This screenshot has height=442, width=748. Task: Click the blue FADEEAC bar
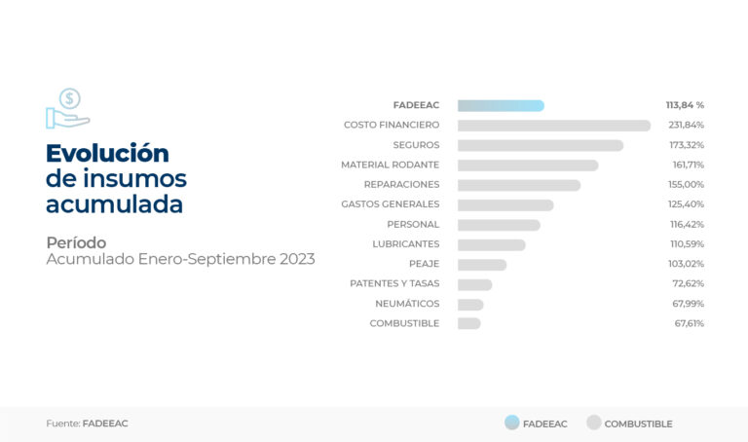click(501, 105)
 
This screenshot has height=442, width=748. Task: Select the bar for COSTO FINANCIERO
click(554, 126)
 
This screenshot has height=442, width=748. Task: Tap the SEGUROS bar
click(541, 145)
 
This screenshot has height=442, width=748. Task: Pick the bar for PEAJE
click(482, 265)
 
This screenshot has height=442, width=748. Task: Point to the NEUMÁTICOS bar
click(470, 304)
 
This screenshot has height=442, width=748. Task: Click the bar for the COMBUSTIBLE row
click(468, 324)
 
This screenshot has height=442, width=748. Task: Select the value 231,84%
click(686, 125)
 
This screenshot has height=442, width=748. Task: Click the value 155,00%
click(686, 185)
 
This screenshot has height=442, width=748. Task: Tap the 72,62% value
click(689, 283)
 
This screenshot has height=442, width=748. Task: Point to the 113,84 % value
click(685, 105)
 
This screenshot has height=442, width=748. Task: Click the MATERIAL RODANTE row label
click(390, 165)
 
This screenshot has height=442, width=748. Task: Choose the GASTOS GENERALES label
click(391, 204)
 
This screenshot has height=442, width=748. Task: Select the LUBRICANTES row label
click(406, 244)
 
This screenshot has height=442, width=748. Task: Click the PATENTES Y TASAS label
click(394, 283)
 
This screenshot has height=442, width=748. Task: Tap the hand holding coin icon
click(68, 109)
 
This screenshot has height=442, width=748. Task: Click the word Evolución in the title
click(107, 154)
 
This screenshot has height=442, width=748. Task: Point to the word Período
click(76, 242)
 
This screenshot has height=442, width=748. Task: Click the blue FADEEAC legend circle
click(512, 423)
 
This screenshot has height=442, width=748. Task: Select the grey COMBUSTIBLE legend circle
click(594, 423)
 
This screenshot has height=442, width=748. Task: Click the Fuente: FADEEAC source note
click(88, 424)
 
